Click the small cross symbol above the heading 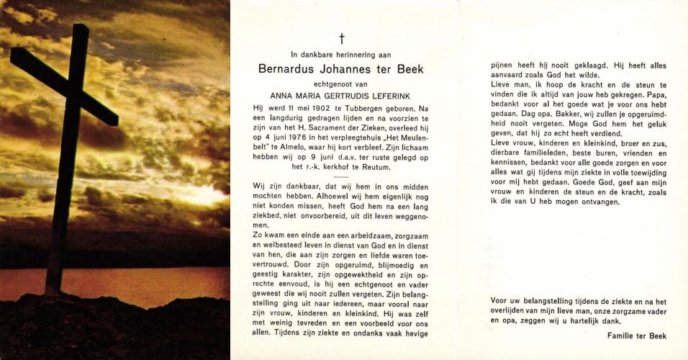(342, 38)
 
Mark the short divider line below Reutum (341, 176)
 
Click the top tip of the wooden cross (80, 27)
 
